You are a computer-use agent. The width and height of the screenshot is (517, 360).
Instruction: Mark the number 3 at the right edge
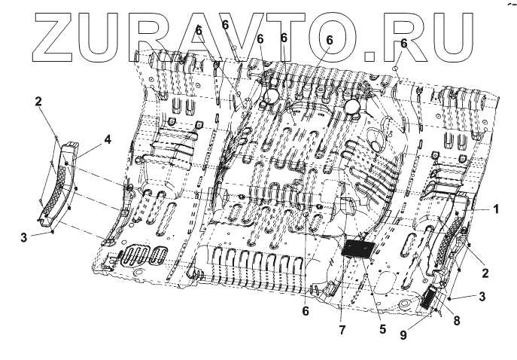coord(482,297)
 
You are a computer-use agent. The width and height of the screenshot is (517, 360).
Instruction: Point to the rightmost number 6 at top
coord(403,44)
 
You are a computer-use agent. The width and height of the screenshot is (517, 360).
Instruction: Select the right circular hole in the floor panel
coord(351,108)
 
